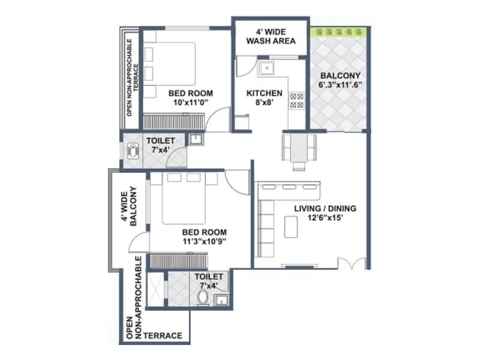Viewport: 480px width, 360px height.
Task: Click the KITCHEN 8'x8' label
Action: [265, 98]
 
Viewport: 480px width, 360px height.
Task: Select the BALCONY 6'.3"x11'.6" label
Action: [340, 80]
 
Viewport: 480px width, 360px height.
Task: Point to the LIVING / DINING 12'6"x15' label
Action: [325, 213]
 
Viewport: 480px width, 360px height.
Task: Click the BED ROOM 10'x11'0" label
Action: [190, 98]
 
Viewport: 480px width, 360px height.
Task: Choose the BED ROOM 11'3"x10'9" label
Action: [204, 237]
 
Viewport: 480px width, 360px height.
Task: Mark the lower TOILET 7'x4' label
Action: [209, 281]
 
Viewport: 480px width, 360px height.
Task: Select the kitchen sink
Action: [266, 69]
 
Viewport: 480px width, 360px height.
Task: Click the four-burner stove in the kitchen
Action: [296, 100]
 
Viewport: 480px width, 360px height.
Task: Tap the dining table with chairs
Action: [298, 148]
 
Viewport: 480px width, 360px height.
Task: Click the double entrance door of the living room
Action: [351, 263]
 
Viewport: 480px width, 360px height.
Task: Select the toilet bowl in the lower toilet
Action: [203, 298]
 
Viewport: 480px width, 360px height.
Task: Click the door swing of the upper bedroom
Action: [220, 118]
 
